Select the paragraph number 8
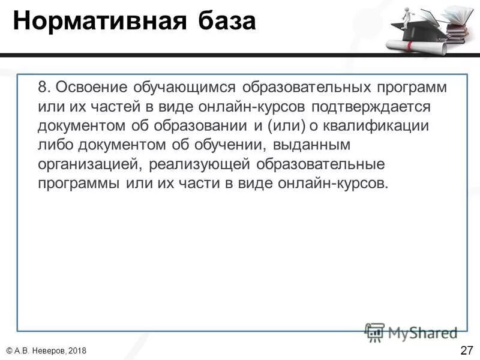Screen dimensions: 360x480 tap(44, 86)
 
